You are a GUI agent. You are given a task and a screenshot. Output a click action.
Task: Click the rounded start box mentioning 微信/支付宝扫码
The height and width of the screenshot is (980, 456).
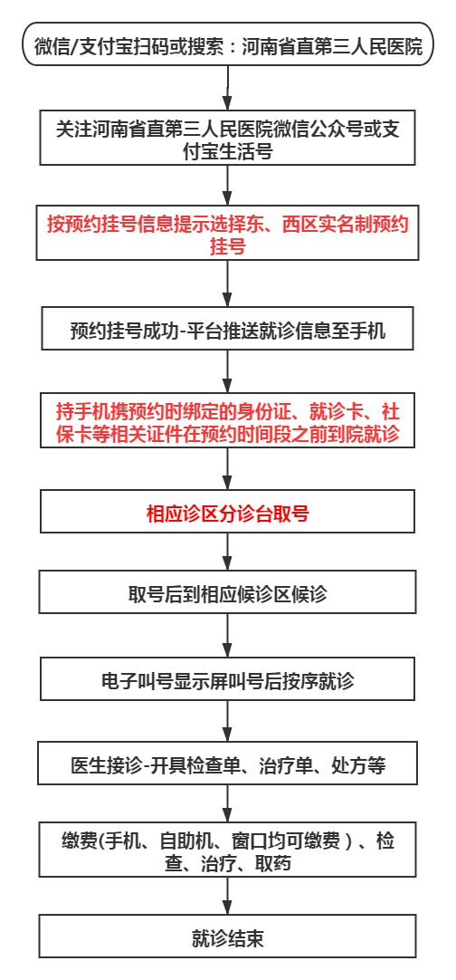pyautogui.click(x=228, y=46)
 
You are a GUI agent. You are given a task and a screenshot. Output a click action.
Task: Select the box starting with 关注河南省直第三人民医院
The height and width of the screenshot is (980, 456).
pyautogui.click(x=228, y=139)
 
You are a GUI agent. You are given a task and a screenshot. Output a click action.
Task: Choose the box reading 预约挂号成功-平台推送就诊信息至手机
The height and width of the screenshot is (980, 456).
pyautogui.click(x=228, y=331)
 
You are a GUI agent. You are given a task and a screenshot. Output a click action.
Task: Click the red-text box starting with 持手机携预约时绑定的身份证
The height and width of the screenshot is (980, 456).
pyautogui.click(x=228, y=422)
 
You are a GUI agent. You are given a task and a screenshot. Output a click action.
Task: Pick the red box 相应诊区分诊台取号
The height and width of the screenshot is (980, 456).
pyautogui.click(x=228, y=514)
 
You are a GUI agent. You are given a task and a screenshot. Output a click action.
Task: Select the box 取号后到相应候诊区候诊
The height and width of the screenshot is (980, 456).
pyautogui.click(x=228, y=594)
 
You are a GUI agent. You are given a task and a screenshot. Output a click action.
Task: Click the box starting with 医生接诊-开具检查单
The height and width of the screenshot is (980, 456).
pyautogui.click(x=228, y=765)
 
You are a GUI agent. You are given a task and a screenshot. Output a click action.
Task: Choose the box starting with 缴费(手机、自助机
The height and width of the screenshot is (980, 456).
pyautogui.click(x=228, y=851)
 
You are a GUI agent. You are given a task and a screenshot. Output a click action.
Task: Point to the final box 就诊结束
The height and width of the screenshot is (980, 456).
pyautogui.click(x=228, y=937)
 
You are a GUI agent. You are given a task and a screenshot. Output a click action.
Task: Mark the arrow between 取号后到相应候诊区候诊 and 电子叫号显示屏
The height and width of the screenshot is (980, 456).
pyautogui.click(x=228, y=639)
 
